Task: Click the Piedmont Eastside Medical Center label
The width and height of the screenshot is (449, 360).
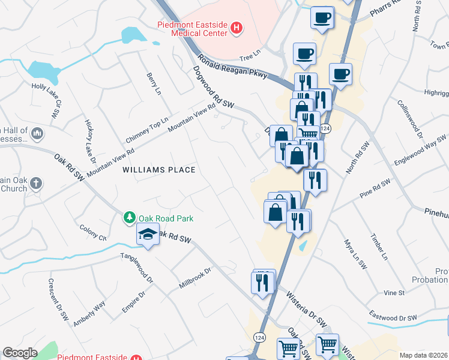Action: point(192,29)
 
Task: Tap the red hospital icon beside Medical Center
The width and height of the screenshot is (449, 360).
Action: point(237,27)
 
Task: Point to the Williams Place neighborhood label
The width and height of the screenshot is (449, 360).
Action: point(159,170)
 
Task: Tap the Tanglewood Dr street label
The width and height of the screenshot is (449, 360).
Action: point(137,270)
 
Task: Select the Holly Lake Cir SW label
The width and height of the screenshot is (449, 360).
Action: point(47,98)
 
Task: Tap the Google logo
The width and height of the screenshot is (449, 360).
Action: point(20,353)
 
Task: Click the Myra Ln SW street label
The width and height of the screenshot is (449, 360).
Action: point(355,254)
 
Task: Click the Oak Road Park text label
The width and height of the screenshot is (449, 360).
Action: point(166,218)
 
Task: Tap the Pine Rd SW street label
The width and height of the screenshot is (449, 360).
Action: point(375,187)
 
